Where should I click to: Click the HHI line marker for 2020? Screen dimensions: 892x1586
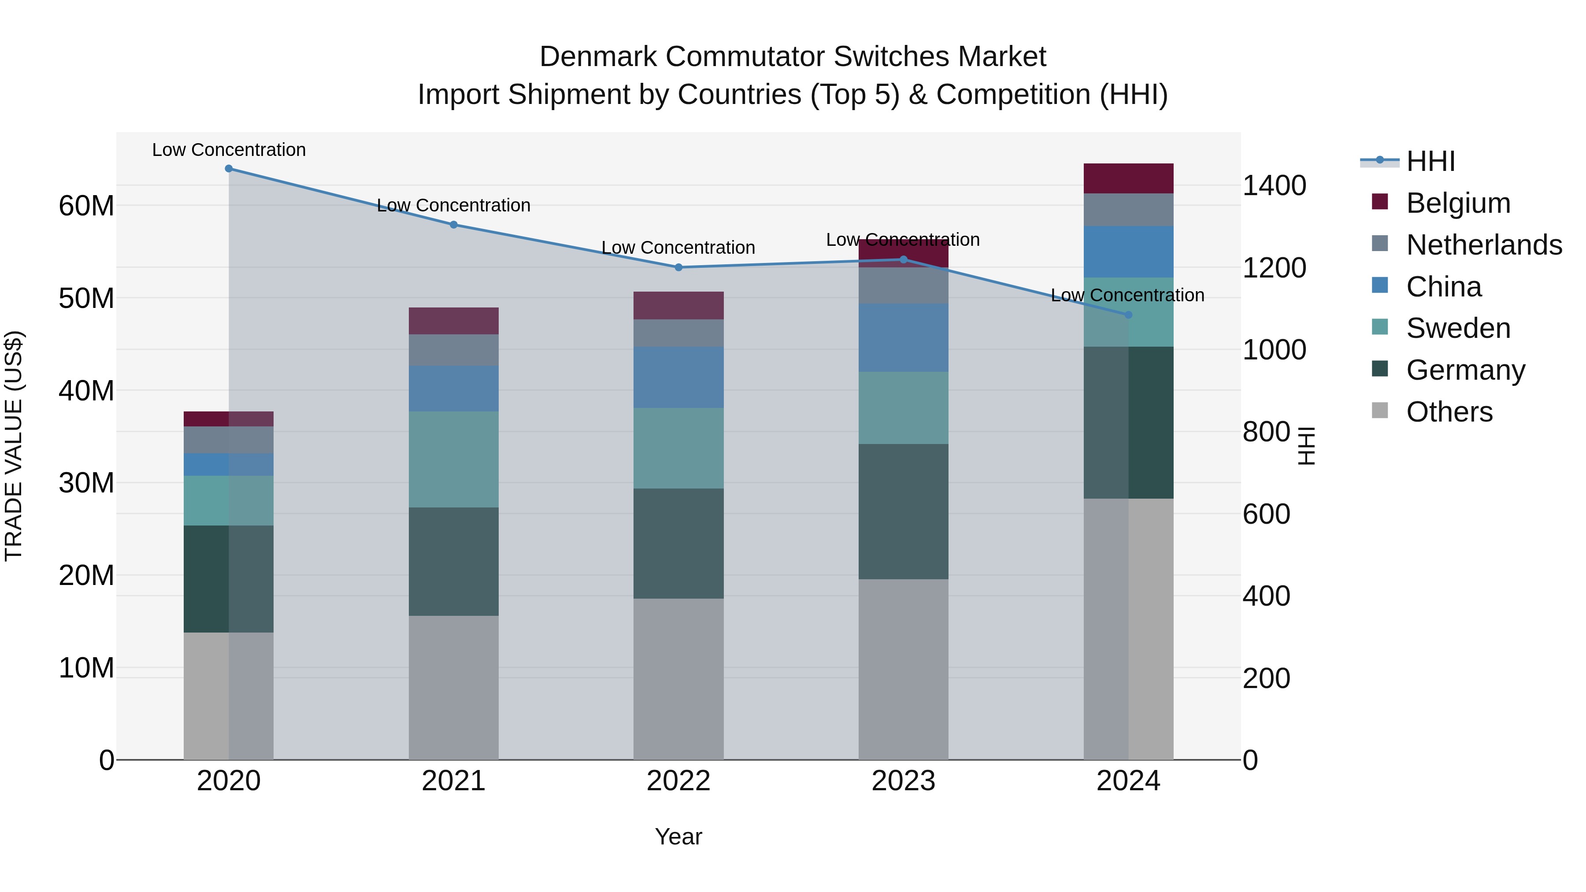click(x=228, y=169)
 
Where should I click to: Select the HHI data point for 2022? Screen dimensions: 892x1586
click(x=678, y=267)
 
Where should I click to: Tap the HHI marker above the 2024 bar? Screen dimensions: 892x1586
click(x=1128, y=315)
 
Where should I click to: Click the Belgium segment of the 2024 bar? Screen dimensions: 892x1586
click(x=1128, y=178)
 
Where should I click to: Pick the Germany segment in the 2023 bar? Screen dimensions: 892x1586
click(x=903, y=511)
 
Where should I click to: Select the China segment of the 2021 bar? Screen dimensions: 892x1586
click(x=454, y=389)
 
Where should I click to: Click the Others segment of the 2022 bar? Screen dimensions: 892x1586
click(x=678, y=678)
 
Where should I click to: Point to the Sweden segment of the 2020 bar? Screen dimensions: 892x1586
click(x=228, y=500)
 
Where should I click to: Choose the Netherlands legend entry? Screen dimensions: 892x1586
click(x=1484, y=245)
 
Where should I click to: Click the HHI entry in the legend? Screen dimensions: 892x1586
click(x=1430, y=161)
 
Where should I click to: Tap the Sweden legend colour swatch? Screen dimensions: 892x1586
click(x=1380, y=327)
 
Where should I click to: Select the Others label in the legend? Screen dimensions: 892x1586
click(x=1449, y=412)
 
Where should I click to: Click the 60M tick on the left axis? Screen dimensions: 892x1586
click(x=86, y=206)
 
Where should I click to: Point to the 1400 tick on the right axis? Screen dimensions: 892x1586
click(x=1274, y=185)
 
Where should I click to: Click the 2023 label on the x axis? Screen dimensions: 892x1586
click(x=903, y=781)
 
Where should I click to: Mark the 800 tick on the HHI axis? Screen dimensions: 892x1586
click(x=1266, y=432)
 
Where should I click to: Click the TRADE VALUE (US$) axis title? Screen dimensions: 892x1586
click(x=14, y=446)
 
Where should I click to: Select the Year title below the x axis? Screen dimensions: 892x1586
click(x=678, y=836)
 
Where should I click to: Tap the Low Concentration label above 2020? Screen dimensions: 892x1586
click(x=228, y=150)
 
